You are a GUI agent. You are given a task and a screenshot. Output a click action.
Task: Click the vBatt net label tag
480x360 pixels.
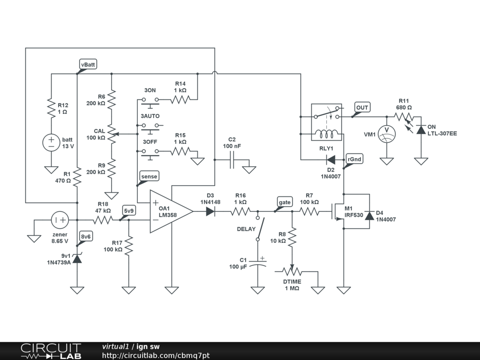click(88, 65)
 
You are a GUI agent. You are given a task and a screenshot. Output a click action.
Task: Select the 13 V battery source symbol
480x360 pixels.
click(51, 142)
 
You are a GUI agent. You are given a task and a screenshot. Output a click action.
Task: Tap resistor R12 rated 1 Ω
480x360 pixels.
click(51, 108)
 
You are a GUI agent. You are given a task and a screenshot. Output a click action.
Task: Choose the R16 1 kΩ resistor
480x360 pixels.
click(240, 211)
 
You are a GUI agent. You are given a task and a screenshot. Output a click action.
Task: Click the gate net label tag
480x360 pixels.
click(285, 202)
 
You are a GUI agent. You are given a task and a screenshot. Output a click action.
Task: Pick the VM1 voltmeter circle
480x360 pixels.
click(386, 134)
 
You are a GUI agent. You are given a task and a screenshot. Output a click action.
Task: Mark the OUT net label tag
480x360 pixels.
click(362, 107)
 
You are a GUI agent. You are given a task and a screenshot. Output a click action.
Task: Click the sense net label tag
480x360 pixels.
click(149, 176)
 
